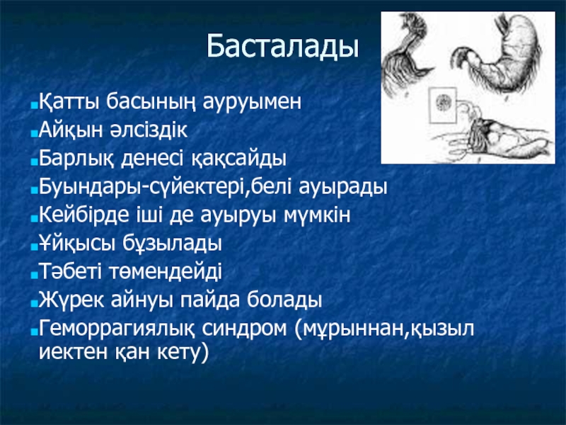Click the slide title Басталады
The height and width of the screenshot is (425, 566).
[282, 47]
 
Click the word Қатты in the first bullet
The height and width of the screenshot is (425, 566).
[69, 102]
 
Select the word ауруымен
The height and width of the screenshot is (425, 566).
[252, 103]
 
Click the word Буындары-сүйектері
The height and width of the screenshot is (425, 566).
[143, 187]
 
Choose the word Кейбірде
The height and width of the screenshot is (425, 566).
[83, 215]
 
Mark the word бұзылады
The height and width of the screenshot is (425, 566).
[172, 244]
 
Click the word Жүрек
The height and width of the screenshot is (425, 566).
[71, 300]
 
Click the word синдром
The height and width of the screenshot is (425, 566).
[244, 329]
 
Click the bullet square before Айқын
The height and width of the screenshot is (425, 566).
[34, 134]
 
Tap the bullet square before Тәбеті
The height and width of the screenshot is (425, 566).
[34, 276]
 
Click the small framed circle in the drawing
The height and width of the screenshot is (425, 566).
[443, 103]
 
